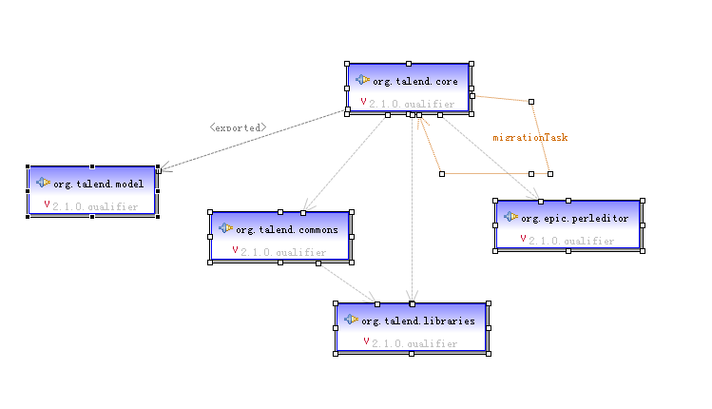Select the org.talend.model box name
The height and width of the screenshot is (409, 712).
pos(99,183)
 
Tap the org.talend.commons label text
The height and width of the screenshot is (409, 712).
pos(286,229)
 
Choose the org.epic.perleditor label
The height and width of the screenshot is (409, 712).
pos(574,218)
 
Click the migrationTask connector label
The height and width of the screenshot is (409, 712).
pos(529,137)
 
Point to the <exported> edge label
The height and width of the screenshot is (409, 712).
pos(238,127)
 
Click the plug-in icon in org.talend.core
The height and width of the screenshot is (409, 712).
pos(363,80)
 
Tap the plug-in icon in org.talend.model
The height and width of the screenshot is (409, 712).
pos(43,182)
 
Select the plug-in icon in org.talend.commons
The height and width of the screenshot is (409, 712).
pos(225,228)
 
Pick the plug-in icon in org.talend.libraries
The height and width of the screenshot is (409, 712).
pos(352,320)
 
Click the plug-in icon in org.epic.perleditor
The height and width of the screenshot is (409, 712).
pos(511,217)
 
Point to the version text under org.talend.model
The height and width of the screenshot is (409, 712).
pos(95,206)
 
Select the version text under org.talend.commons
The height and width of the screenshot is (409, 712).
pos(283,253)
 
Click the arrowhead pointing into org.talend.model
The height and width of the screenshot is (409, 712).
pos(164,170)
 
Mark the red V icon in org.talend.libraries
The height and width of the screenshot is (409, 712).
pos(366,341)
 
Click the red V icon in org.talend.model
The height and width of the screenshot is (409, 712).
pos(47,204)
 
